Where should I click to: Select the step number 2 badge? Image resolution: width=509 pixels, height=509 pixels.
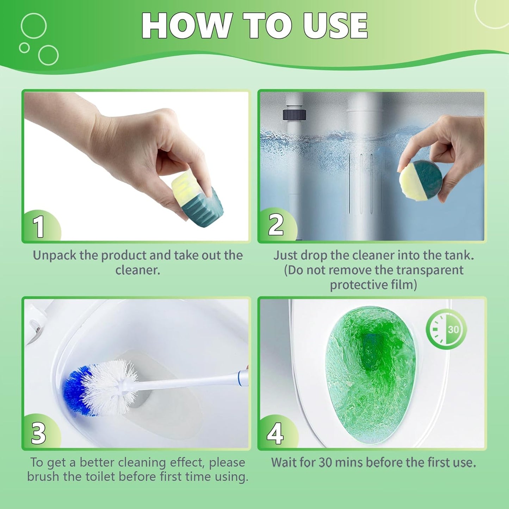pyautogui.click(x=275, y=225)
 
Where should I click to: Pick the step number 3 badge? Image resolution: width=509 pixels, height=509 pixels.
pyautogui.click(x=38, y=433)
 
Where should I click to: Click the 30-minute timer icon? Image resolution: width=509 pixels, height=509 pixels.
pyautogui.click(x=446, y=329)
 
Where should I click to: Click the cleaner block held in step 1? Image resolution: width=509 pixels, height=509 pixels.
pyautogui.click(x=194, y=199)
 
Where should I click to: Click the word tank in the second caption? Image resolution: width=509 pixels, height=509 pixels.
pyautogui.click(x=459, y=255)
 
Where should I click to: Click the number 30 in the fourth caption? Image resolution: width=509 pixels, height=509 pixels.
pyautogui.click(x=326, y=462)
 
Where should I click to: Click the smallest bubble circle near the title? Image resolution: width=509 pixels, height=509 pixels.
pyautogui.click(x=24, y=48)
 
